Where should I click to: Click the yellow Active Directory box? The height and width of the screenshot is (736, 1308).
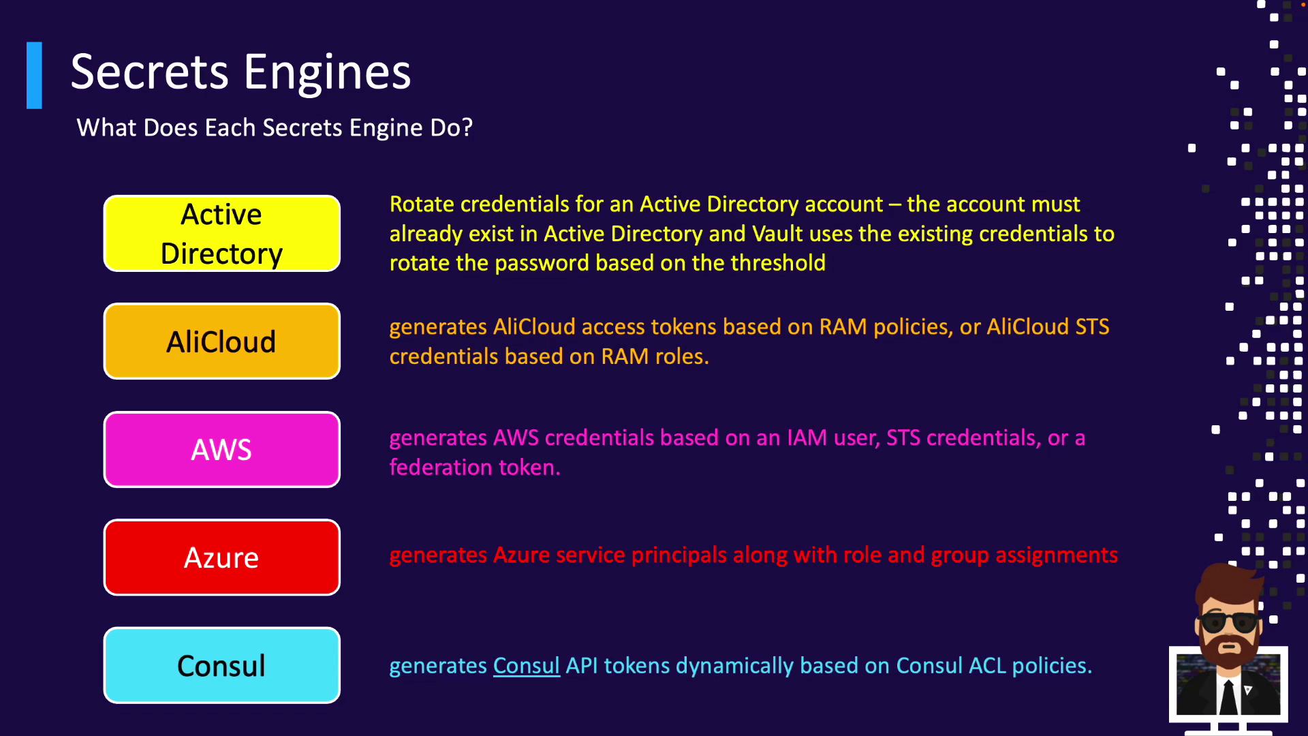(x=221, y=234)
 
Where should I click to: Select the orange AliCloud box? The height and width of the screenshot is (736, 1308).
(x=221, y=341)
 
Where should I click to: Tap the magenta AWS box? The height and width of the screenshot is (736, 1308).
(x=221, y=450)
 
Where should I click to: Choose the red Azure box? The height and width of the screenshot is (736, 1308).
(x=221, y=557)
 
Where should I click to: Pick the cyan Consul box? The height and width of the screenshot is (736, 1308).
(x=221, y=666)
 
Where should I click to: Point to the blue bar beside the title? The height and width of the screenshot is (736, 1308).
(x=34, y=76)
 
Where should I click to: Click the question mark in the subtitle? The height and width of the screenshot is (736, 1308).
(x=467, y=127)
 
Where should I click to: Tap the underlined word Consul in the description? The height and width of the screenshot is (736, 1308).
(x=526, y=666)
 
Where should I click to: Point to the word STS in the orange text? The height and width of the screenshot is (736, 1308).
(x=1092, y=327)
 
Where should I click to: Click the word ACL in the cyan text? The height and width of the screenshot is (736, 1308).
(x=987, y=666)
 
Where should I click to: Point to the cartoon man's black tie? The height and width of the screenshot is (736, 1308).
(x=1229, y=696)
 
